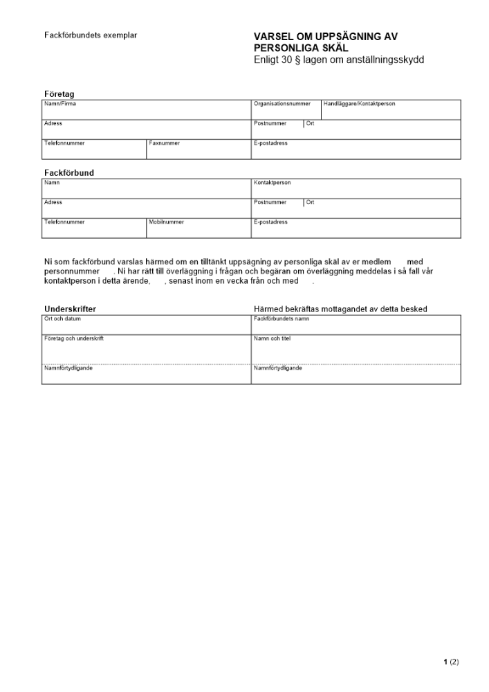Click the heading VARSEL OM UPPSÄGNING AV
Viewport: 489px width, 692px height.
[326, 36]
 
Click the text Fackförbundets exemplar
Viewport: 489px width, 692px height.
[91, 35]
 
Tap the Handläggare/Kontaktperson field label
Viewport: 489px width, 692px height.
[359, 104]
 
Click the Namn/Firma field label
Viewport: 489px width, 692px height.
[60, 104]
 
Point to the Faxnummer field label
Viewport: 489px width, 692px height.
[164, 143]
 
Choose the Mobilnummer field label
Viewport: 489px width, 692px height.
[166, 222]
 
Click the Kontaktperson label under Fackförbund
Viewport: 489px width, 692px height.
[273, 183]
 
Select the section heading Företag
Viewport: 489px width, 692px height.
[59, 93]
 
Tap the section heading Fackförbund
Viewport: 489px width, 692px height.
[69, 172]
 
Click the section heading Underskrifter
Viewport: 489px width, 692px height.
[70, 309]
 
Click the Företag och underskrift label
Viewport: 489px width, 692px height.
[74, 338]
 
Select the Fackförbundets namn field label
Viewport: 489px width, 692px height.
[282, 319]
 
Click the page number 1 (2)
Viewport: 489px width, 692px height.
[451, 662]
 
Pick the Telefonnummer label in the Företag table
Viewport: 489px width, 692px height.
[64, 143]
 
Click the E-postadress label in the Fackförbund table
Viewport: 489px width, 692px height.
[270, 222]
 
